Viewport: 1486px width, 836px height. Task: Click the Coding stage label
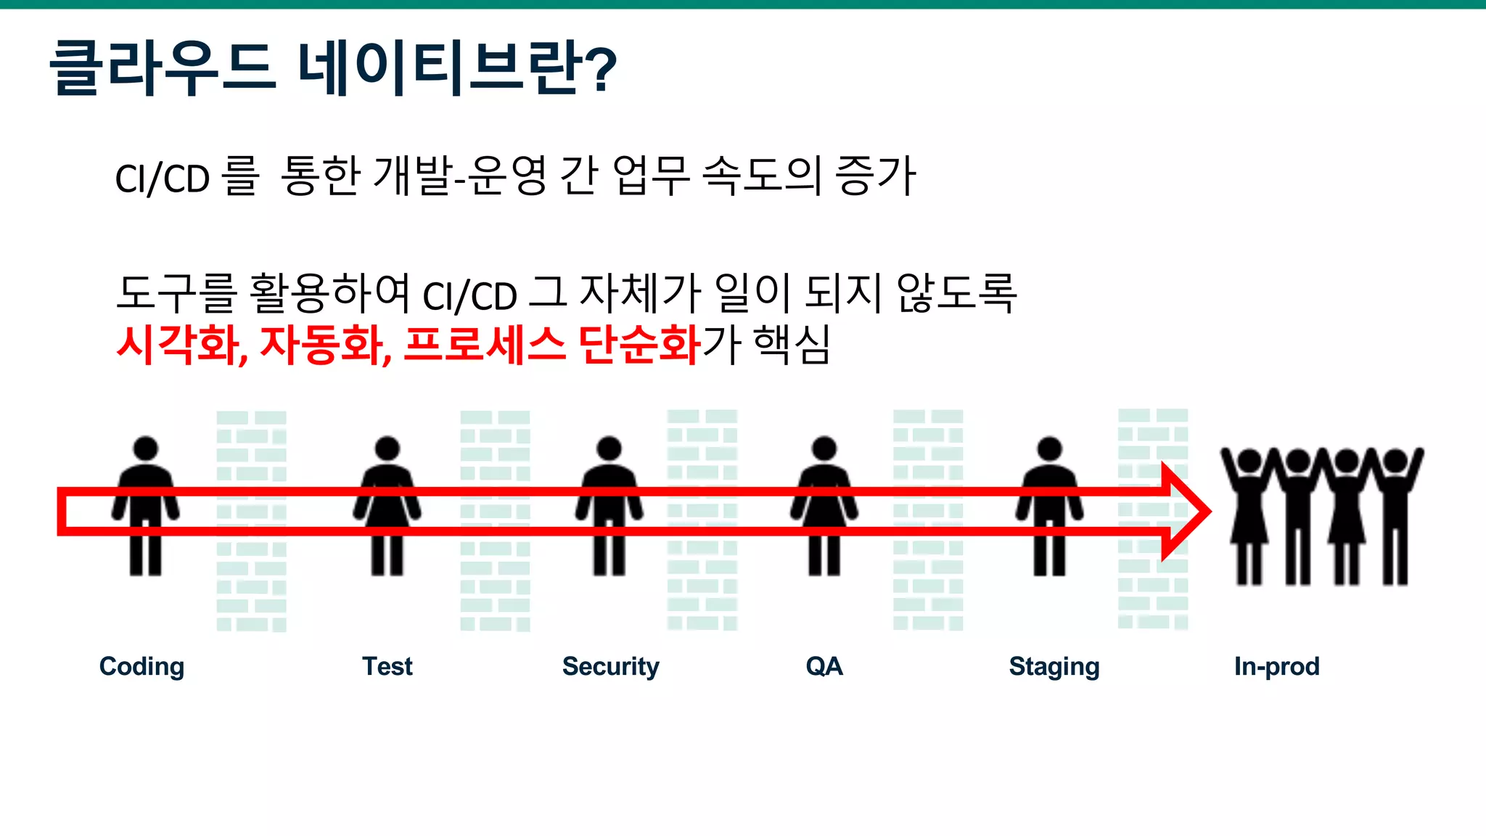coord(141,666)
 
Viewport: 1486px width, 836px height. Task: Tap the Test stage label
coord(387,666)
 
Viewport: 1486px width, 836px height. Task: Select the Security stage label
coord(610,666)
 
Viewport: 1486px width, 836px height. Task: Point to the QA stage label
coord(824,666)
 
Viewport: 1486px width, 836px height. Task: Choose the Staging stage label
coord(1054,666)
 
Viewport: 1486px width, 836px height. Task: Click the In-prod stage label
coord(1276,666)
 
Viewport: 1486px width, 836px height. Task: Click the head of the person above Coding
coord(146,448)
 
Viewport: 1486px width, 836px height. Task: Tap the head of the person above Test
coord(387,448)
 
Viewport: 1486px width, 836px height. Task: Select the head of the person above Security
coord(609,448)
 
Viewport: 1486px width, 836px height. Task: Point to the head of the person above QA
coord(824,448)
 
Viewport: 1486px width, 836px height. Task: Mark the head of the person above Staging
coord(1049,448)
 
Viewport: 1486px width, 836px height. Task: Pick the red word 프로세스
coord(484,345)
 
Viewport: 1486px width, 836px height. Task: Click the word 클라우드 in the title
coord(163,68)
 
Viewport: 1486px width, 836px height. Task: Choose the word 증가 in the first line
coord(876,176)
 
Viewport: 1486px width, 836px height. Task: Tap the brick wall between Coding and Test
coord(252,520)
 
